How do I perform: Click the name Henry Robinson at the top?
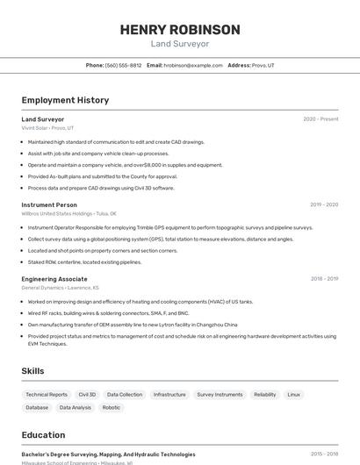[179, 30]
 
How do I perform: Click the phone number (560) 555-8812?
[123, 65]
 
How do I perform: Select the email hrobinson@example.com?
[193, 65]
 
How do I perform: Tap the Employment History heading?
[65, 100]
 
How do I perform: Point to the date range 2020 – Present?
[320, 119]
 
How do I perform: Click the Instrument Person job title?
[49, 204]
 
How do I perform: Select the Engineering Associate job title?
[54, 279]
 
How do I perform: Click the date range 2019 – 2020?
[324, 204]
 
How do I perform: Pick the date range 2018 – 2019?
[324, 279]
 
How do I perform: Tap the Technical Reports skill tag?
[47, 395]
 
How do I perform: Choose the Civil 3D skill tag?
[87, 395]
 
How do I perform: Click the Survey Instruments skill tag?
[220, 395]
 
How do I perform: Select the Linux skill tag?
[294, 395]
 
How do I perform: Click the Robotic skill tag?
[112, 407]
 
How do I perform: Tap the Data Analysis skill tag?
[76, 407]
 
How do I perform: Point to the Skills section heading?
[33, 371]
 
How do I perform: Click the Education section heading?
[43, 434]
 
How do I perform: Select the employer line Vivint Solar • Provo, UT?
[47, 128]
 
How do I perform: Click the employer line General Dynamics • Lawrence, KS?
[60, 288]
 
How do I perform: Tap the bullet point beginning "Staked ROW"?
[84, 261]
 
